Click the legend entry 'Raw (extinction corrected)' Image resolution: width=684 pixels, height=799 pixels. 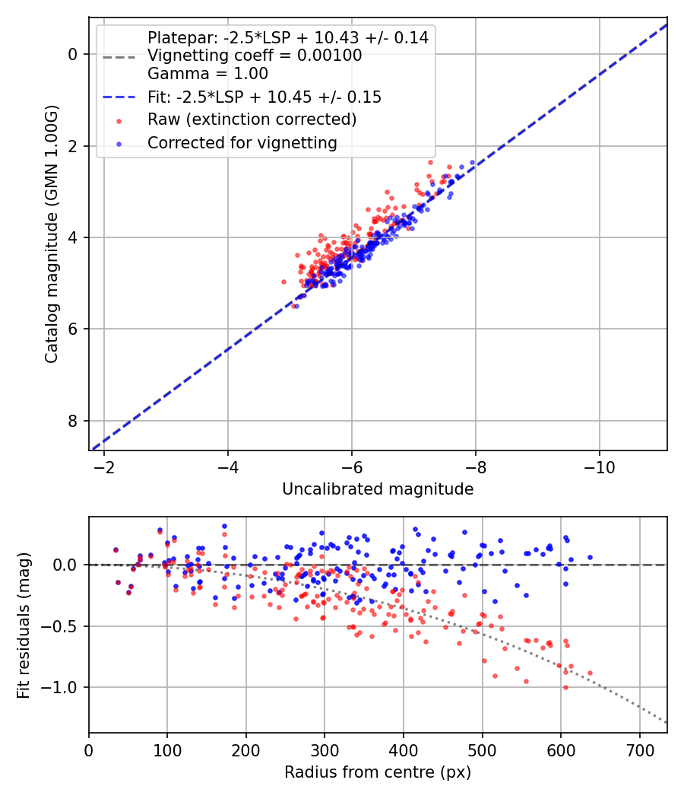click(252, 119)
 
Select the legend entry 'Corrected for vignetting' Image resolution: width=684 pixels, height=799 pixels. click(242, 142)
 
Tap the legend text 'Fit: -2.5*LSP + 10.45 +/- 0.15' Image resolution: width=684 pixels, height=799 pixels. click(264, 97)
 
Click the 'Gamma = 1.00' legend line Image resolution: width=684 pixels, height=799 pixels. click(207, 75)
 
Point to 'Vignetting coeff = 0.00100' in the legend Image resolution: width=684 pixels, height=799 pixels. click(255, 56)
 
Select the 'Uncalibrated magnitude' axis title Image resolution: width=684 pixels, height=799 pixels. click(378, 489)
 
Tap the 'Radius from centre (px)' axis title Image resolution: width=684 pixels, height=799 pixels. click(378, 772)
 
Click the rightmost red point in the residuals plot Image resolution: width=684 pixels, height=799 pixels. click(590, 673)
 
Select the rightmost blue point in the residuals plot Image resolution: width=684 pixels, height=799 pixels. click(590, 557)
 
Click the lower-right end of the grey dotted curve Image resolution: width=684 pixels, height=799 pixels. click(667, 722)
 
